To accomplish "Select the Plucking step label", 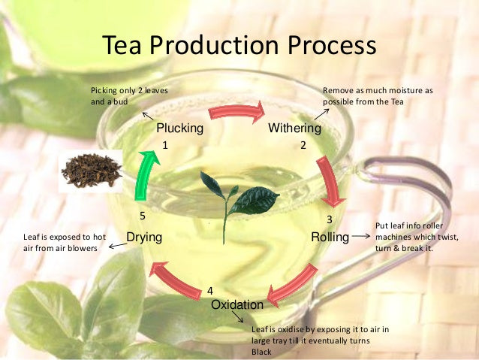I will [x=179, y=129].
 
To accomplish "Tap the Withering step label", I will [x=294, y=129].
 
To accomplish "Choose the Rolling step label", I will [x=330, y=237].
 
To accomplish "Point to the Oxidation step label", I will [x=237, y=305].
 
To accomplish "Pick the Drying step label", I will [x=144, y=237].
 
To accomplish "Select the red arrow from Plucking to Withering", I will [x=237, y=112].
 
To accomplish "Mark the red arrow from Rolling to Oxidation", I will [x=294, y=285].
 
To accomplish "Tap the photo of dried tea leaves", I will [x=91, y=171].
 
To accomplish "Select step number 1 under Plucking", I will [x=164, y=145].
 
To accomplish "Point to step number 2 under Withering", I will [x=303, y=145].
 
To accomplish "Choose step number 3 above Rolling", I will [x=329, y=220].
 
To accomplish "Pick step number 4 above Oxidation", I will [x=210, y=291].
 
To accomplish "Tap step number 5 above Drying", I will [x=142, y=216].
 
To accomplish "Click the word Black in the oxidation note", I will [x=261, y=352].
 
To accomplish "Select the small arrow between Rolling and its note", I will [x=361, y=237].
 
